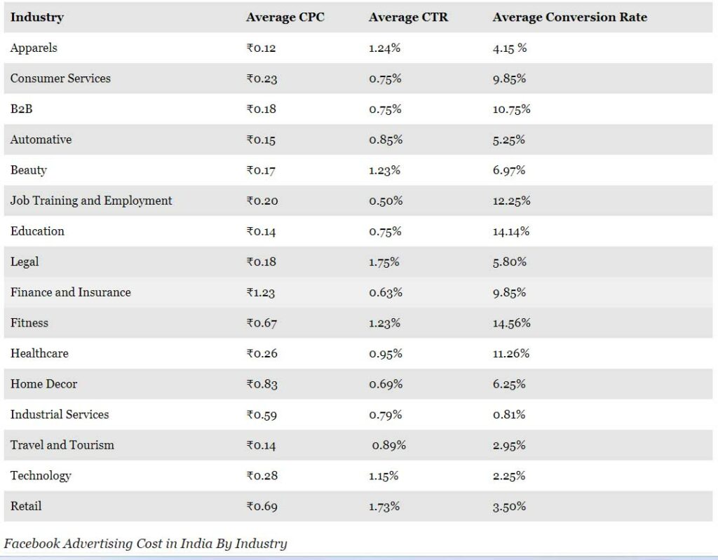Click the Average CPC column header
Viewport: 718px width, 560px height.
285,18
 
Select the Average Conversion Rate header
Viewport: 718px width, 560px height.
569,18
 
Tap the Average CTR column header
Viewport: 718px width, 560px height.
408,18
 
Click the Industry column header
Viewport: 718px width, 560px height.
36,18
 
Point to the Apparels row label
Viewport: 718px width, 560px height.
34,48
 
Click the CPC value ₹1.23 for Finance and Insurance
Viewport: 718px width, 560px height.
261,293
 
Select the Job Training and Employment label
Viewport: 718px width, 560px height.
91,200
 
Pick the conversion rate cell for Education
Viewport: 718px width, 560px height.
511,232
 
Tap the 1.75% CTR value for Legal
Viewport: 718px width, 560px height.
384,262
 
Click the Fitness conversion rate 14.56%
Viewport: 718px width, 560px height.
511,323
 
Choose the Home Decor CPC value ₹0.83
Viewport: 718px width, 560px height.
262,384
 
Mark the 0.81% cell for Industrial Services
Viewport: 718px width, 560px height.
509,415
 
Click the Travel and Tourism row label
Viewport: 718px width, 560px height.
62,445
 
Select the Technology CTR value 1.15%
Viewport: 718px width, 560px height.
384,476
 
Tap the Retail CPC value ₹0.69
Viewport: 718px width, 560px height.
262,506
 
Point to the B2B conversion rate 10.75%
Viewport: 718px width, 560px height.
511,109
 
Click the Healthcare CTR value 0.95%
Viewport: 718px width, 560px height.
386,354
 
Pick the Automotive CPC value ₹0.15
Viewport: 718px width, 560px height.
261,140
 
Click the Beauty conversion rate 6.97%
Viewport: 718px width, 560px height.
509,170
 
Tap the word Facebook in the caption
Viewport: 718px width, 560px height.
32,543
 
